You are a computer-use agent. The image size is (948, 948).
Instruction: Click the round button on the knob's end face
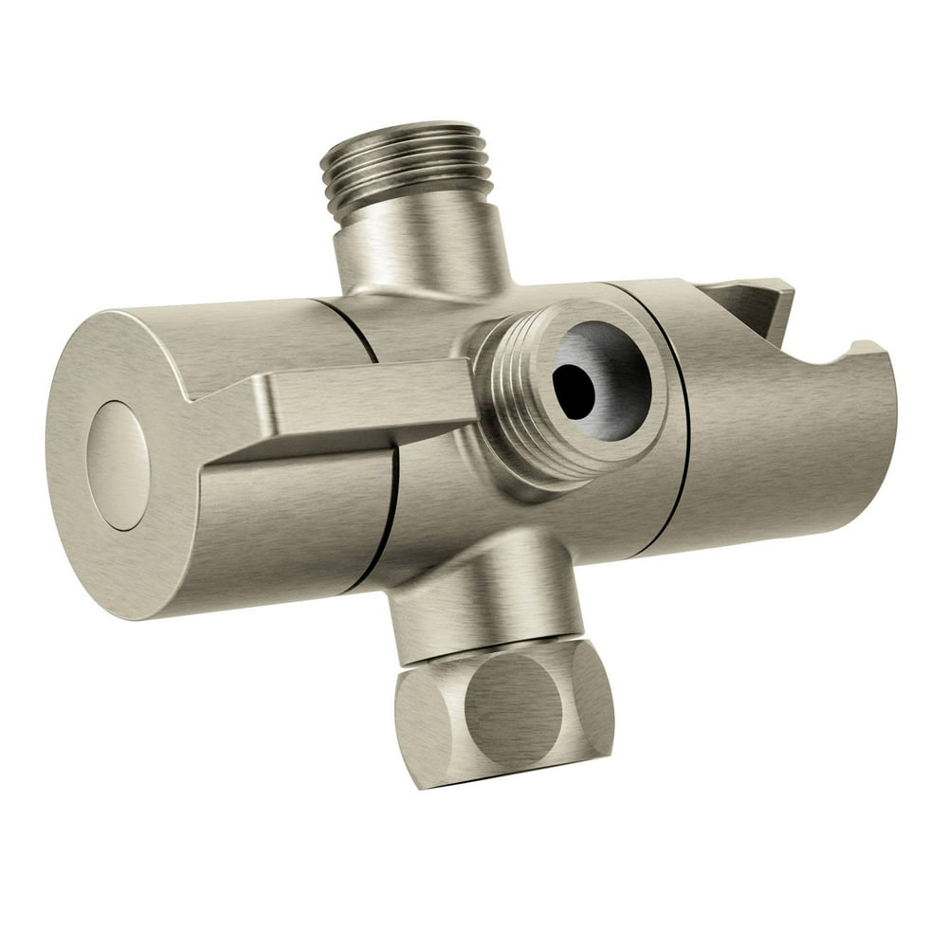(x=118, y=464)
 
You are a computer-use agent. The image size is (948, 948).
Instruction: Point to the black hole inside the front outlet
(x=574, y=390)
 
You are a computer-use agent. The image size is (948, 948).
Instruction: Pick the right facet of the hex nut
(x=592, y=697)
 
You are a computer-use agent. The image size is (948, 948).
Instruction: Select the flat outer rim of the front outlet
(x=654, y=379)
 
